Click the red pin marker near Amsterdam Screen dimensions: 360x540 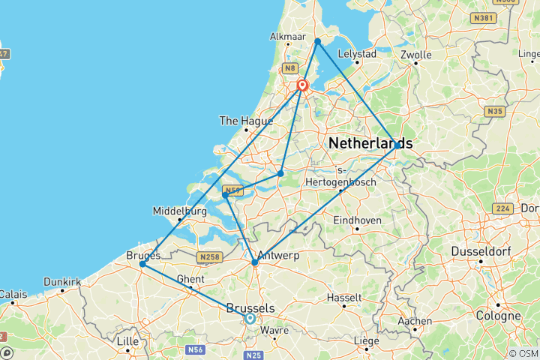(302, 85)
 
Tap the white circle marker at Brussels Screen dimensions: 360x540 (250, 318)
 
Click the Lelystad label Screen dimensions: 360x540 (357, 55)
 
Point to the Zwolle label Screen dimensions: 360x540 (416, 55)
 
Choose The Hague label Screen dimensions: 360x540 (240, 120)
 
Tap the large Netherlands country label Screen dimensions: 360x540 (370, 142)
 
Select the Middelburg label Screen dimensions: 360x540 (179, 211)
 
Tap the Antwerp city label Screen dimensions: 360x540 (278, 255)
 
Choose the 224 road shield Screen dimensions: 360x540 (502, 208)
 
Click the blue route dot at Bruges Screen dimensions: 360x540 (142, 264)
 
